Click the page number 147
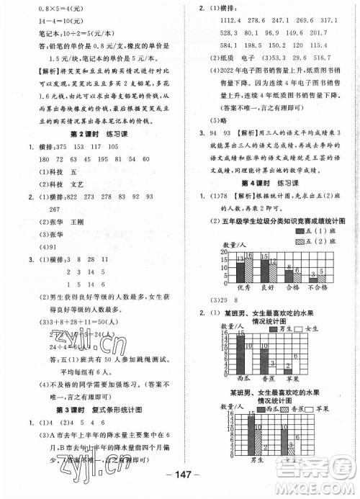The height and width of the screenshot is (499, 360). click(x=180, y=482)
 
